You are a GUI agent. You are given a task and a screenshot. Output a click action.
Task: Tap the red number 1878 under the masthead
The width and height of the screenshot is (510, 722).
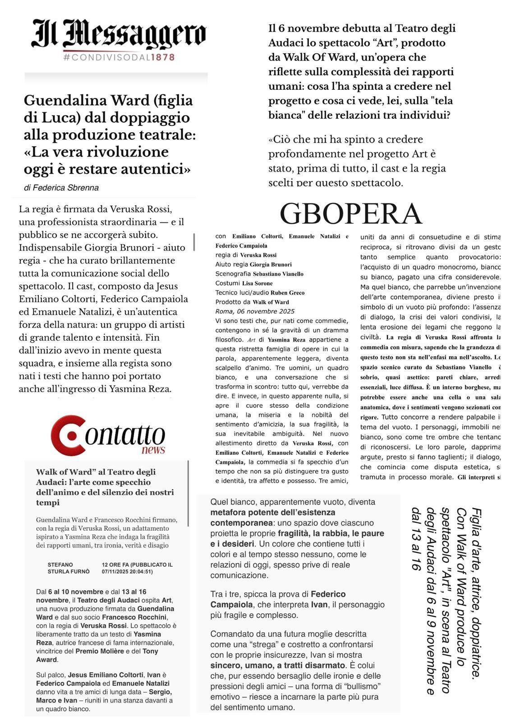(163, 57)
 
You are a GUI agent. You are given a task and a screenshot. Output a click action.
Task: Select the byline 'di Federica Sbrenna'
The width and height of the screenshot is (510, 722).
(61, 188)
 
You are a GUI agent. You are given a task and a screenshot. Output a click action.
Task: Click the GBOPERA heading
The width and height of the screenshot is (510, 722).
(351, 213)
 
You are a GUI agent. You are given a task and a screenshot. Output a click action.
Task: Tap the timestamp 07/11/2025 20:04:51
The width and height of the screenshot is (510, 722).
(127, 571)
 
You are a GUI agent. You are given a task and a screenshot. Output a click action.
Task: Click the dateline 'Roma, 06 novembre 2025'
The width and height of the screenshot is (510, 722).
(255, 311)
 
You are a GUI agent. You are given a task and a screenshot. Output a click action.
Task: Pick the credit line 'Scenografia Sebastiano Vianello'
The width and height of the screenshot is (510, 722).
(259, 274)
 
